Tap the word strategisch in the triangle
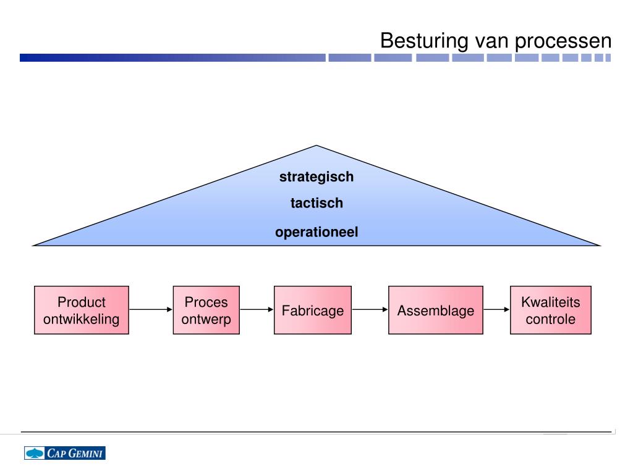tap(316, 177)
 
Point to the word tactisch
tap(316, 203)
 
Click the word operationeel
tap(316, 233)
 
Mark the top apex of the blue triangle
tap(316, 146)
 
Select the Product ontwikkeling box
tap(82, 310)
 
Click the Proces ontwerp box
tap(206, 310)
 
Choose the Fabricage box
tap(313, 310)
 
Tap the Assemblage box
tap(435, 310)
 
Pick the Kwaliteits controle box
tap(550, 310)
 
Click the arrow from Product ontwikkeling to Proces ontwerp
tap(151, 310)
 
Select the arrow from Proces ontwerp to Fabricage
tap(257, 310)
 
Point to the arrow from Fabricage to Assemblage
tap(370, 310)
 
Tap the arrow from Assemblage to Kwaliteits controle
tap(496, 310)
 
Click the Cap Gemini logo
tap(65, 453)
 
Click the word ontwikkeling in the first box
tap(82, 320)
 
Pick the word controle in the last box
tap(550, 320)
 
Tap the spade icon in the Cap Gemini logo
tap(35, 453)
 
